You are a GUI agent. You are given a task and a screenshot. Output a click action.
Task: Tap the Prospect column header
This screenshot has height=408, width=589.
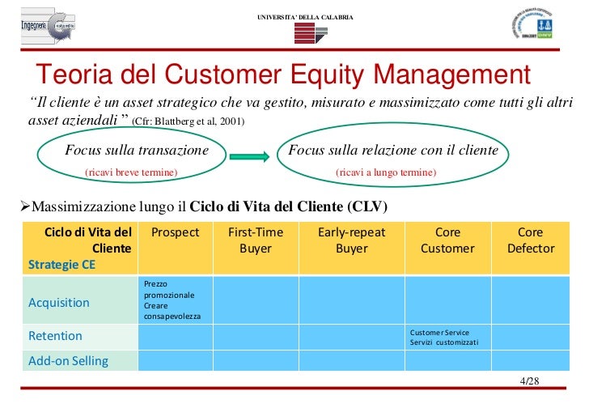point(175,232)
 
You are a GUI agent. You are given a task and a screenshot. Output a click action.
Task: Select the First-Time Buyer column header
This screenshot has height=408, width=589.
point(255,240)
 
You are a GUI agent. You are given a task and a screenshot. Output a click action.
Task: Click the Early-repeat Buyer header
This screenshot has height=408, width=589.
point(351,240)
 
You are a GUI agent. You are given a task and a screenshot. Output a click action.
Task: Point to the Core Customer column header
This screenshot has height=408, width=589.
point(447,240)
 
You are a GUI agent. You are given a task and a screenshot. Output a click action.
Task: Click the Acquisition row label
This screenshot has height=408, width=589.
point(59,303)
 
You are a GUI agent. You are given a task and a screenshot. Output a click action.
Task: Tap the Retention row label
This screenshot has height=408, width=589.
point(55,336)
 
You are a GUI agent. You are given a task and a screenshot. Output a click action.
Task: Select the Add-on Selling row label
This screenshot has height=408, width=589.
point(68,361)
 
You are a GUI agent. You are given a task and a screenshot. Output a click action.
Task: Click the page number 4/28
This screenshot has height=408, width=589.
point(530,381)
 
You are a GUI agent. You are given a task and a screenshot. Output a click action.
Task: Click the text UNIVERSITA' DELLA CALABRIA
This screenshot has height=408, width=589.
point(305,18)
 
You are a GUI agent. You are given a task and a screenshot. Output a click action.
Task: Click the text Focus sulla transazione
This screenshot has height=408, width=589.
point(136,151)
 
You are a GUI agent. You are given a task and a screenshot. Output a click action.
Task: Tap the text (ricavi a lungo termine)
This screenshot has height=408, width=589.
point(386,172)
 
